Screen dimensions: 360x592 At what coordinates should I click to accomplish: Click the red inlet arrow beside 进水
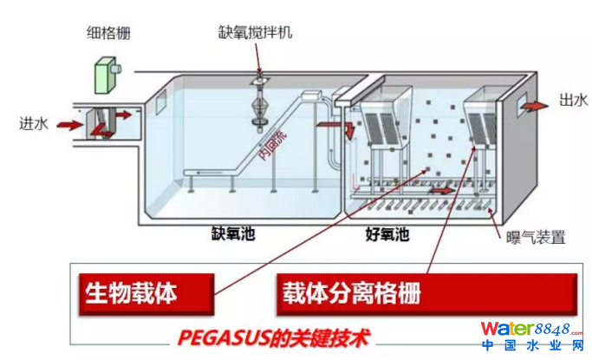pyautogui.click(x=68, y=126)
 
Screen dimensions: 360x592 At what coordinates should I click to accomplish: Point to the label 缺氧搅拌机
pyautogui.click(x=256, y=33)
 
